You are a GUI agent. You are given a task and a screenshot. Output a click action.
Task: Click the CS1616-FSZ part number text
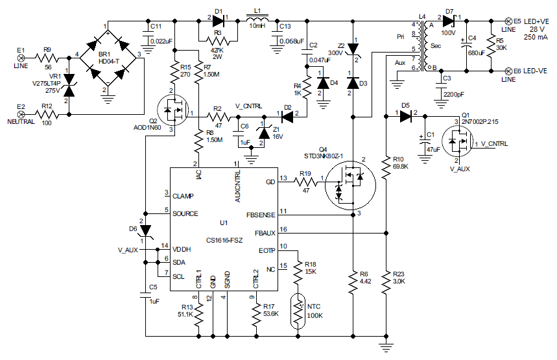coord(224,240)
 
